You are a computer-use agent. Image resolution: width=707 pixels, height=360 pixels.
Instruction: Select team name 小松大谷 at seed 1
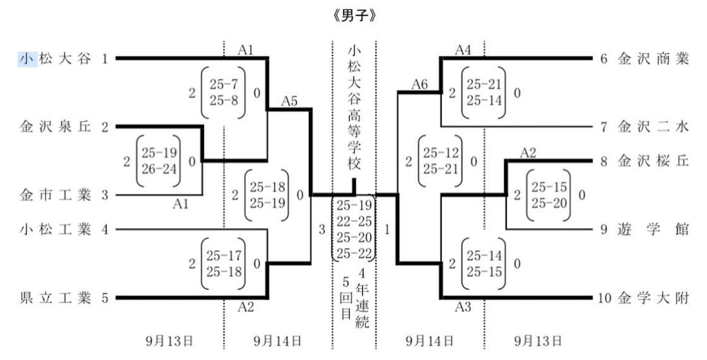[55, 58]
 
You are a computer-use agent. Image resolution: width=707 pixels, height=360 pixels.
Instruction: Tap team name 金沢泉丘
[55, 127]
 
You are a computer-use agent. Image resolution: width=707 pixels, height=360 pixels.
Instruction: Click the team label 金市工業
[55, 195]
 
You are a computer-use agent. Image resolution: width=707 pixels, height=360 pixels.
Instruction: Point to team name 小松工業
[55, 229]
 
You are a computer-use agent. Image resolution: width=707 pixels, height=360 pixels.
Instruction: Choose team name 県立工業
[55, 298]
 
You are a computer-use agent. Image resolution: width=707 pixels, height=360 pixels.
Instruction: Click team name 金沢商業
[653, 58]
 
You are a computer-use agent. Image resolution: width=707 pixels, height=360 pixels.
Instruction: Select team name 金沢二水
[653, 127]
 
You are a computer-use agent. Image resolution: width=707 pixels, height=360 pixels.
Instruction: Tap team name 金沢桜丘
[653, 161]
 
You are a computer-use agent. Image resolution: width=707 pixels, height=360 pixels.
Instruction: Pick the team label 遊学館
[653, 229]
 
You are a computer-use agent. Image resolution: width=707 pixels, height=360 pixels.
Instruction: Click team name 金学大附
[653, 298]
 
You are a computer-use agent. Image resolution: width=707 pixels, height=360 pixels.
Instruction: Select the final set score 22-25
[354, 222]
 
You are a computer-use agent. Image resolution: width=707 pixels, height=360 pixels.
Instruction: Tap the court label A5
[290, 101]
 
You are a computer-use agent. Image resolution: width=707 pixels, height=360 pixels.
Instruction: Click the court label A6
[419, 84]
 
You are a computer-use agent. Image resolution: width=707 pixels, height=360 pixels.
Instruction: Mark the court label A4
[463, 50]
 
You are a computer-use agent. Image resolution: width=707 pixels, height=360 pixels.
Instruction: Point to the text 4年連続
[363, 298]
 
